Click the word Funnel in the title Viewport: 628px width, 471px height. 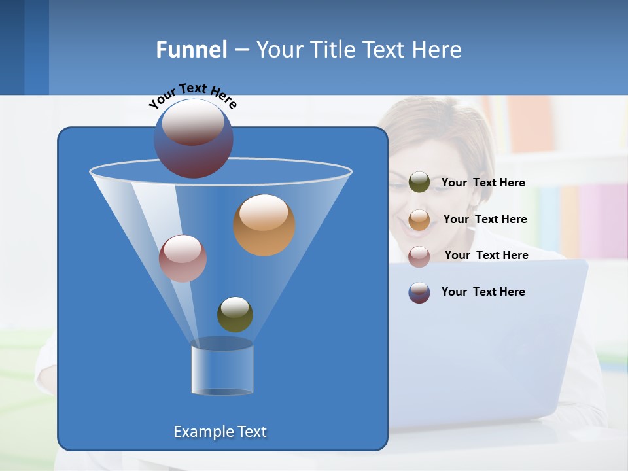pyautogui.click(x=192, y=50)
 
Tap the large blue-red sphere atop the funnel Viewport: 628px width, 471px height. pyautogui.click(x=193, y=138)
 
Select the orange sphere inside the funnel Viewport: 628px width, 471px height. pyautogui.click(x=264, y=225)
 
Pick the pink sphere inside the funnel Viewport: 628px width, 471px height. pyautogui.click(x=183, y=258)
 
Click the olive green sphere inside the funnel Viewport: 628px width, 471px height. pyautogui.click(x=235, y=314)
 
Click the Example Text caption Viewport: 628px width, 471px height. pyautogui.click(x=220, y=432)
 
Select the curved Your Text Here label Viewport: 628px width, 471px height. pyautogui.click(x=192, y=95)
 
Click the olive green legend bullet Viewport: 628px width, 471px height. pyautogui.click(x=419, y=183)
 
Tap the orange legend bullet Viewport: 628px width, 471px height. pyautogui.click(x=419, y=220)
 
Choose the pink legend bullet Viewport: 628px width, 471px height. pyautogui.click(x=419, y=256)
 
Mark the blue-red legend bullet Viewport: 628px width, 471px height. pyautogui.click(x=419, y=292)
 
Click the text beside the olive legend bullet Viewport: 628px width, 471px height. pyautogui.click(x=483, y=183)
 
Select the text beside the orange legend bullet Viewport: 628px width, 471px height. pyautogui.click(x=485, y=220)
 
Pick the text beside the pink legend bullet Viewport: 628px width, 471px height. pyautogui.click(x=486, y=256)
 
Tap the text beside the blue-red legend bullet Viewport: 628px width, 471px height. pyautogui.click(x=483, y=292)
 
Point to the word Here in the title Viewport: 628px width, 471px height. pyautogui.click(x=437, y=50)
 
